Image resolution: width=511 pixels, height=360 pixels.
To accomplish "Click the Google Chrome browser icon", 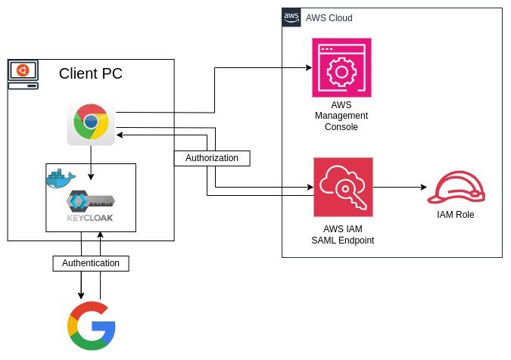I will (91, 122).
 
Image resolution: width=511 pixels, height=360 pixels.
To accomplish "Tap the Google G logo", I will (92, 325).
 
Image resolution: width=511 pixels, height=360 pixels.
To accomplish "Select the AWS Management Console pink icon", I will (341, 68).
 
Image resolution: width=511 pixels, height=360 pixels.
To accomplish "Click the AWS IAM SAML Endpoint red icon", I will (343, 187).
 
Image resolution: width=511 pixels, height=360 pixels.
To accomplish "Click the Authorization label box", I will (212, 158).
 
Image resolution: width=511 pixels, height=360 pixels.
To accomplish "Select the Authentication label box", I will (91, 263).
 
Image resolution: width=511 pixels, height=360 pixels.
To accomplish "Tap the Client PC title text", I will (91, 73).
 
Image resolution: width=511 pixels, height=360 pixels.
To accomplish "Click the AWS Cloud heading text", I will (329, 18).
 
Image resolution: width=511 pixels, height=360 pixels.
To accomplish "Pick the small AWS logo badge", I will (291, 17).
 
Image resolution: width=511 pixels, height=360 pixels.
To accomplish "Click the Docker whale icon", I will (61, 178).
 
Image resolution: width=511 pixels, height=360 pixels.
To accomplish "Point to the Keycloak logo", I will (90, 206).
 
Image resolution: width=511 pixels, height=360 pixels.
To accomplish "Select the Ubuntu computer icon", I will (23, 75).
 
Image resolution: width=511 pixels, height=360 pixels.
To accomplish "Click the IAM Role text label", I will (456, 215).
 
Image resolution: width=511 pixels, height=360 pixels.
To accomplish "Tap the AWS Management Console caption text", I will (341, 116).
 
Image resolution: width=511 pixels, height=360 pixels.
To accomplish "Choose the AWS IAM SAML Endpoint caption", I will (343, 234).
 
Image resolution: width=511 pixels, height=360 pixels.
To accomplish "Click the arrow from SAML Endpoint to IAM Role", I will (400, 187).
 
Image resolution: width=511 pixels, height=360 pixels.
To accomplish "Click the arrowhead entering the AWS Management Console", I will (308, 68).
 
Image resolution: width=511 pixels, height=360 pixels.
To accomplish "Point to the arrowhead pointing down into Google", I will (81, 295).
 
